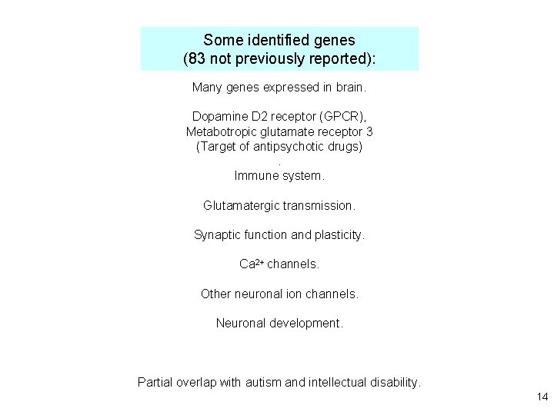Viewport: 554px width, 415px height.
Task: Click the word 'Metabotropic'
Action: (220, 131)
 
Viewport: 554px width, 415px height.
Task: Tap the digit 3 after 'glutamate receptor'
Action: (369, 131)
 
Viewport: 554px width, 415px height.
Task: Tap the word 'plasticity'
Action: (338, 235)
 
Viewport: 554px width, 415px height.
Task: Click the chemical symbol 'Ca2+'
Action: (252, 264)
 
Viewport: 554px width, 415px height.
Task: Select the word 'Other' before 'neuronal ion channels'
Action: (215, 294)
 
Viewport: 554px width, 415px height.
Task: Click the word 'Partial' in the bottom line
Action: (156, 382)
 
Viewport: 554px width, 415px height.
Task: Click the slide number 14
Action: (541, 397)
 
